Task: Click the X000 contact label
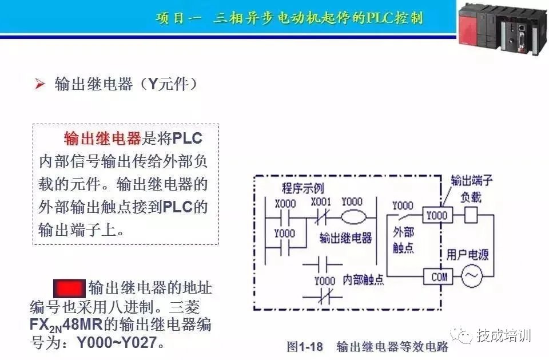[x=285, y=203]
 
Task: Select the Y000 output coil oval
[x=355, y=217]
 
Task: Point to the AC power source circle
[x=472, y=276]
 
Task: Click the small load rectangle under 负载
[x=471, y=215]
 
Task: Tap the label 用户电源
[x=467, y=254]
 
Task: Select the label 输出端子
[x=471, y=181]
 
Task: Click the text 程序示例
[x=303, y=188]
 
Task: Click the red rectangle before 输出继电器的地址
[x=69, y=287]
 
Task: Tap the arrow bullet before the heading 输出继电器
[x=39, y=85]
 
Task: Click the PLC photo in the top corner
[x=503, y=26]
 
